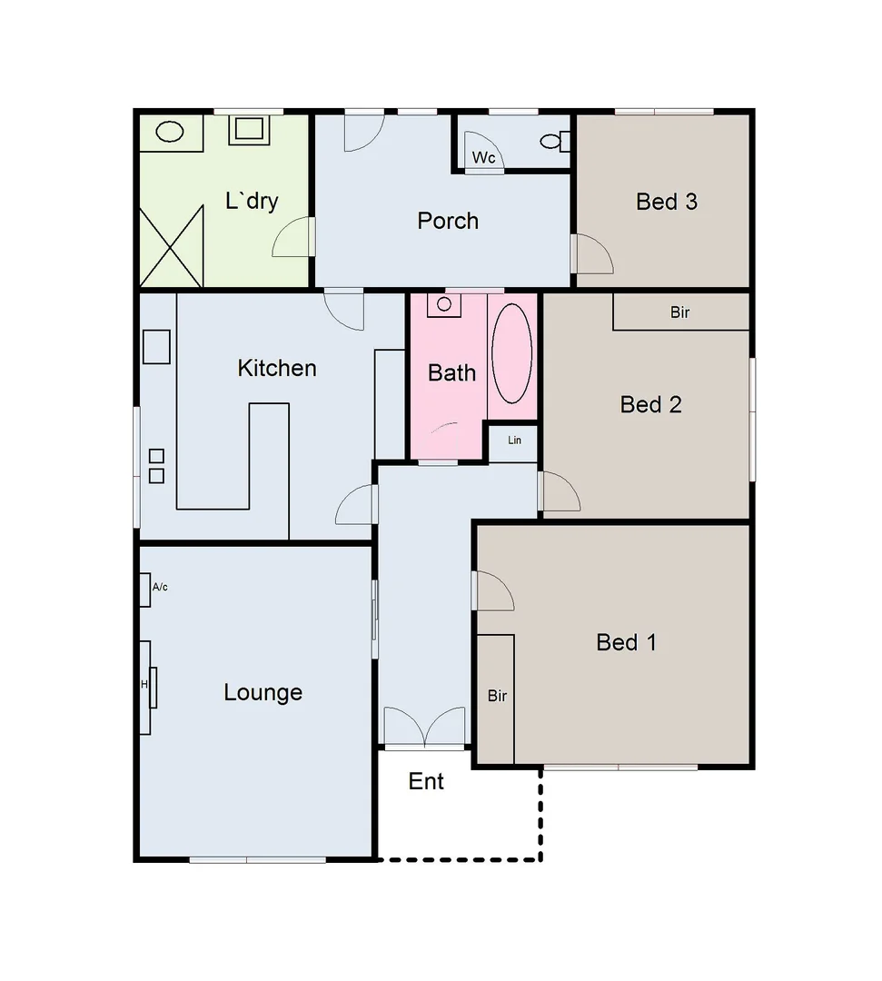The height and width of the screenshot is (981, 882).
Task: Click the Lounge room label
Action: tap(263, 692)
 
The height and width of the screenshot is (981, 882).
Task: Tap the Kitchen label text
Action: tap(277, 368)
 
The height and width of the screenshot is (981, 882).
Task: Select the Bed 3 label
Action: tap(667, 202)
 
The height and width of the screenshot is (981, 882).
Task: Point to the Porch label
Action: tap(448, 221)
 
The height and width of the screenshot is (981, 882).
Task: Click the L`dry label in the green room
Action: tap(252, 201)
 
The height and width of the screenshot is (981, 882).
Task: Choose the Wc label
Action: tap(483, 158)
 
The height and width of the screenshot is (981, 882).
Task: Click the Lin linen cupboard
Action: tap(514, 442)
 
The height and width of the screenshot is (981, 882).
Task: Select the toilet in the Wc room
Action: tap(554, 142)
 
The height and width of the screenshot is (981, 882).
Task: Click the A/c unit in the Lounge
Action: tap(145, 590)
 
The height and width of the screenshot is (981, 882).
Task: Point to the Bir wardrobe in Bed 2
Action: tap(681, 312)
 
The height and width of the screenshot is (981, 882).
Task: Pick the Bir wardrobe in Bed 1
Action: tap(496, 698)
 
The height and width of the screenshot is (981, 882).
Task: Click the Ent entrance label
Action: tap(426, 781)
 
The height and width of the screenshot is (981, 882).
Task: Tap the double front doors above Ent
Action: tap(425, 727)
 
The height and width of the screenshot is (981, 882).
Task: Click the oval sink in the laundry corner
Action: tap(170, 132)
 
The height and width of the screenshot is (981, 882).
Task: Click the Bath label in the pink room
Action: tap(451, 372)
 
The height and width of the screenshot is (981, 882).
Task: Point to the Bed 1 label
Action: tap(626, 643)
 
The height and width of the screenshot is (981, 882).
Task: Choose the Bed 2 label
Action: tap(650, 404)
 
